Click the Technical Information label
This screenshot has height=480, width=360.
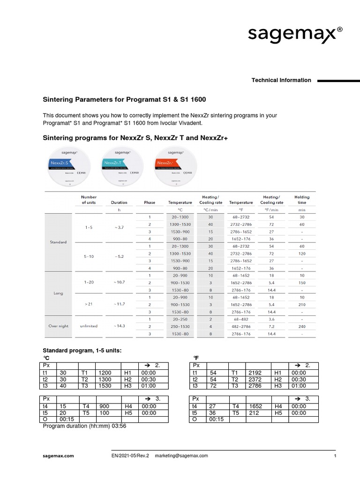pos(281,80)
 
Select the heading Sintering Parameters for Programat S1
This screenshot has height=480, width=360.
pos(124,100)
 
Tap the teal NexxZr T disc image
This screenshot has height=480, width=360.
pos(121,165)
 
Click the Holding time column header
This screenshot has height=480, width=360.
pos(301,200)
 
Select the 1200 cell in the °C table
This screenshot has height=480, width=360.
pos(105,373)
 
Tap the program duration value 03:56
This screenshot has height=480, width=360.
pos(119,427)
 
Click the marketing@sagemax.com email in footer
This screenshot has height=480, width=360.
pos(181,456)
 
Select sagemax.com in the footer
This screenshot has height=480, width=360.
pos(59,456)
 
